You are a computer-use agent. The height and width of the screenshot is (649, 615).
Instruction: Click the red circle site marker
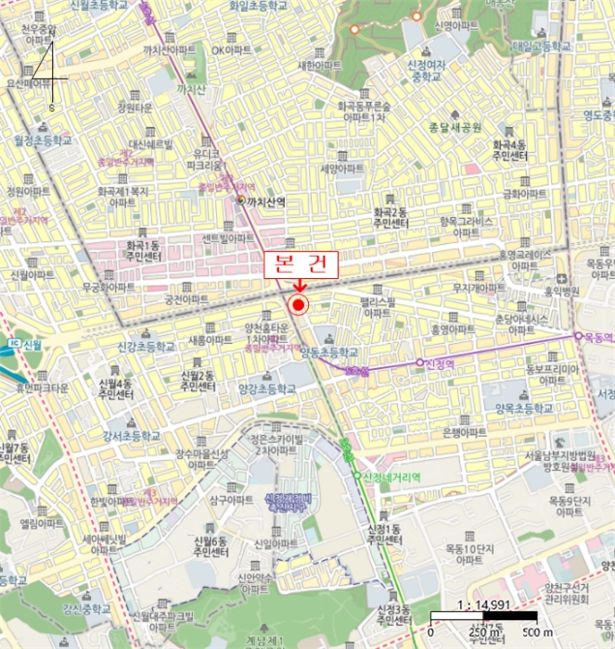click(x=299, y=305)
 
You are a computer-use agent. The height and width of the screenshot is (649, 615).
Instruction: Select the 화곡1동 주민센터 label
click(x=139, y=252)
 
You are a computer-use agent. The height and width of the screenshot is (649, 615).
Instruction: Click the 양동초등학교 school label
click(x=334, y=352)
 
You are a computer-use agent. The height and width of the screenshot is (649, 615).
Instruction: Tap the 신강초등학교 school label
click(x=145, y=346)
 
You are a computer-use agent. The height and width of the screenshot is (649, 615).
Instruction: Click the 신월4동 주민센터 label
click(x=109, y=388)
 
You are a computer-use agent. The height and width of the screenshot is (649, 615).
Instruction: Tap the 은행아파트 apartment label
click(x=465, y=433)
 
